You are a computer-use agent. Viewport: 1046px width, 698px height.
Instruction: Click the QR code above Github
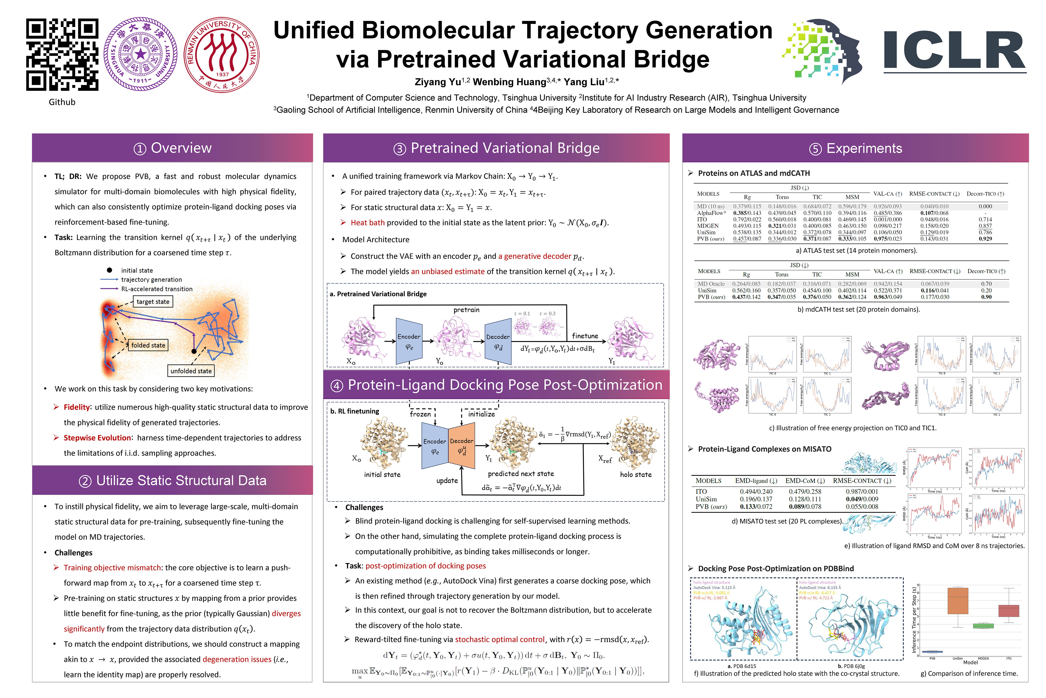[62, 54]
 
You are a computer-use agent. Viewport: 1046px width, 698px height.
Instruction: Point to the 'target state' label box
[153, 302]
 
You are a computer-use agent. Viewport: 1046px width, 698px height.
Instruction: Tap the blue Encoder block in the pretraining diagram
[409, 341]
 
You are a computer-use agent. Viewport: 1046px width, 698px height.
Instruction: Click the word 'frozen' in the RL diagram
[420, 414]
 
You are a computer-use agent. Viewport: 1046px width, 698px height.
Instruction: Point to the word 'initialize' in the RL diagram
[481, 414]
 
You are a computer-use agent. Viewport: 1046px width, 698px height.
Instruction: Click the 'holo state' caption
[636, 475]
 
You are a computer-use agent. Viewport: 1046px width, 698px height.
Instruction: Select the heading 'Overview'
[181, 148]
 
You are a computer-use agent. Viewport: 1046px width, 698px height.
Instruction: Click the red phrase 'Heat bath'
[367, 222]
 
